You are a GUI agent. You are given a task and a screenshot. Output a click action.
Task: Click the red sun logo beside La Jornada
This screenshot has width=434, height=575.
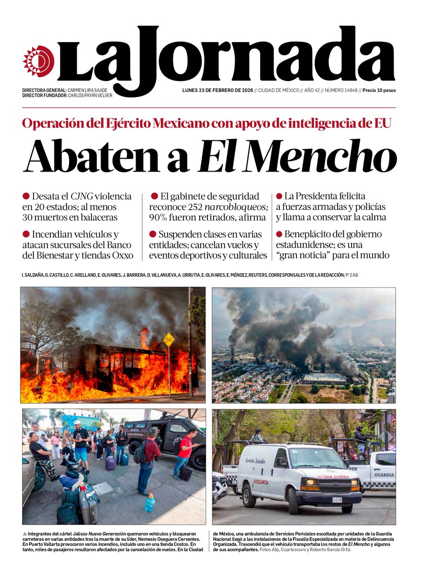click(38, 61)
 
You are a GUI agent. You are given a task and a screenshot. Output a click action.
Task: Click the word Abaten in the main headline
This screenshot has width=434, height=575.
click(106, 157)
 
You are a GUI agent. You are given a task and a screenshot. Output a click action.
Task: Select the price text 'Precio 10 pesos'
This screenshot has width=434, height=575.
click(379, 90)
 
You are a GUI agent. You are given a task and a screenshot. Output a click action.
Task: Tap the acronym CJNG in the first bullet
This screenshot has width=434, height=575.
click(81, 196)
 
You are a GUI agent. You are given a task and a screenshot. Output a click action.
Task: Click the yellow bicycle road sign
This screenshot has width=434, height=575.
click(169, 340)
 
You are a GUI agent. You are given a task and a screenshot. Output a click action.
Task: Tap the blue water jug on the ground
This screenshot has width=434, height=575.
click(150, 502)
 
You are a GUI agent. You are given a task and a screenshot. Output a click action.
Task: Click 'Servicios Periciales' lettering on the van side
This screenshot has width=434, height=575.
click(256, 461)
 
